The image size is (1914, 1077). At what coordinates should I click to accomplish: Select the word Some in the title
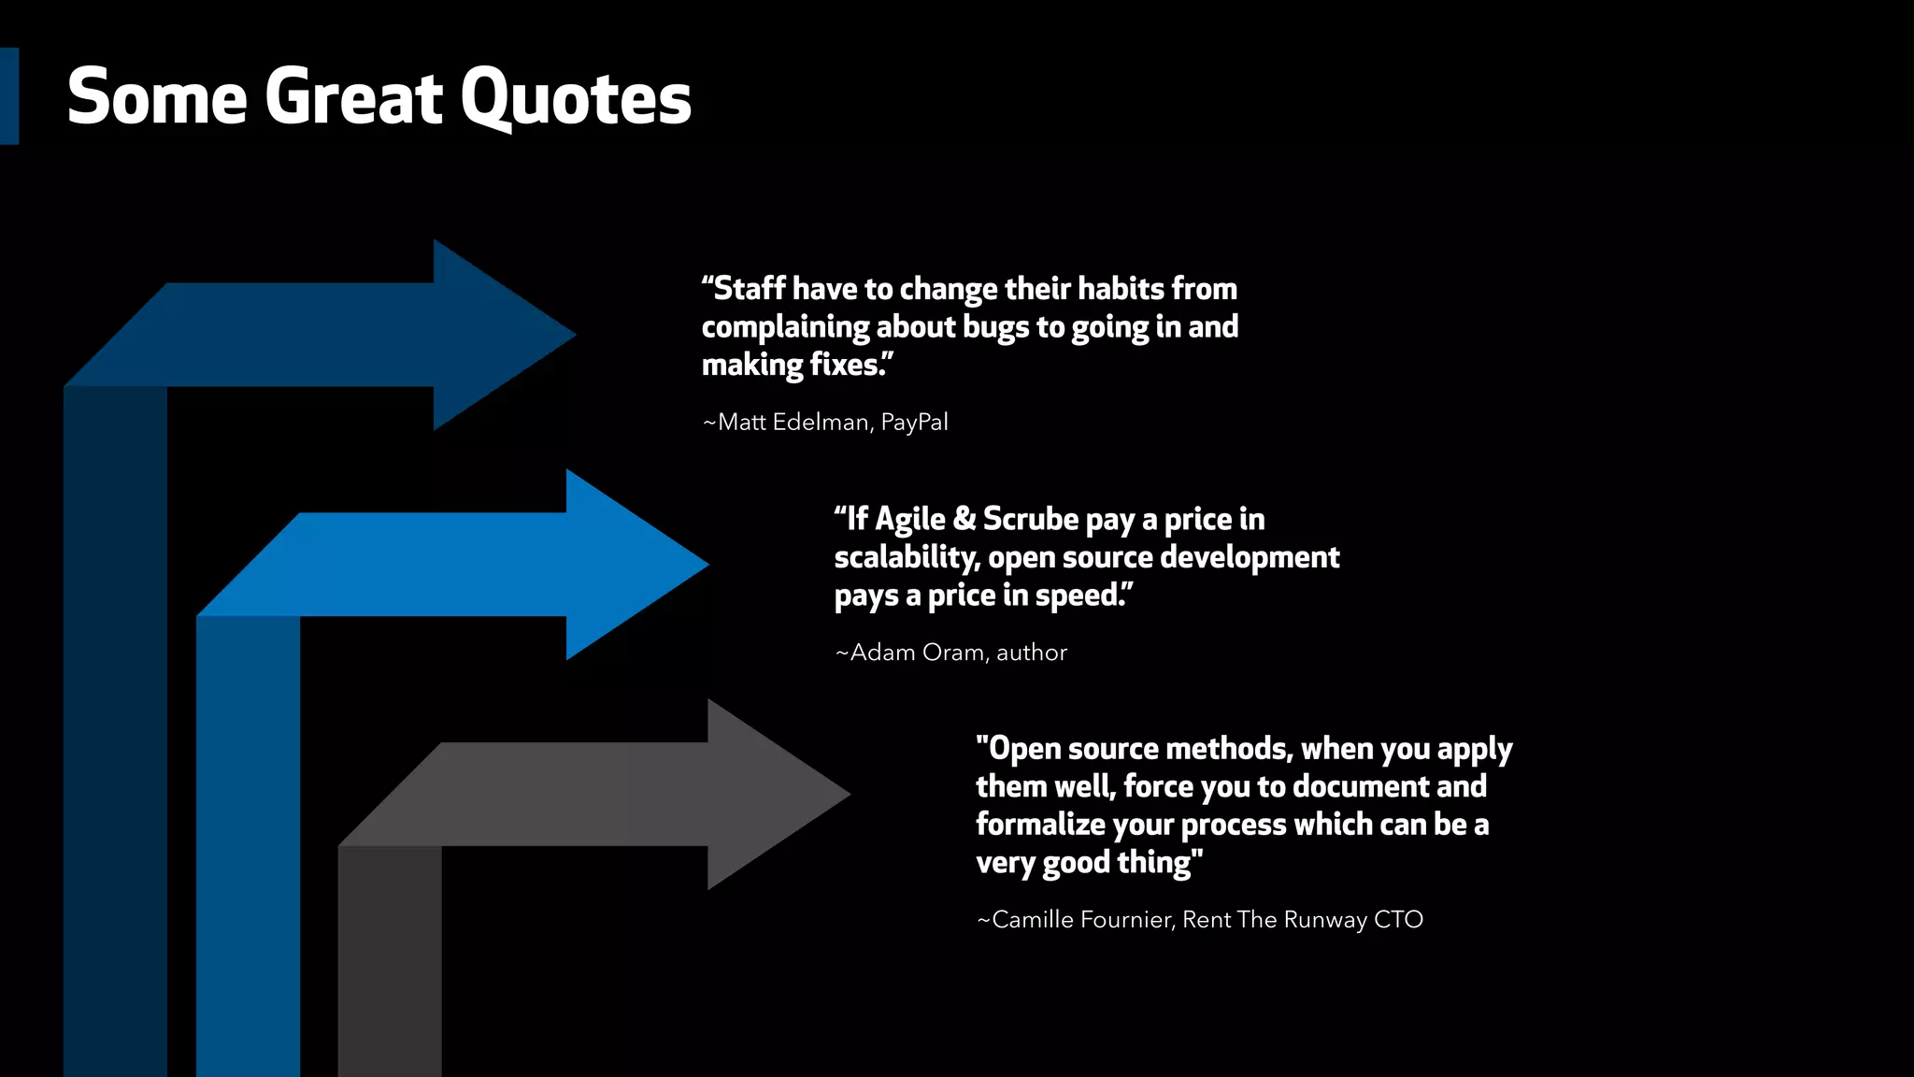(157, 98)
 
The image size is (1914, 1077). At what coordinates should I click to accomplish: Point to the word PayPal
(914, 423)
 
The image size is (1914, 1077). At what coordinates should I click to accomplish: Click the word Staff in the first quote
(749, 289)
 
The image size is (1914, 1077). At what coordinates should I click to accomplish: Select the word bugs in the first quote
(996, 327)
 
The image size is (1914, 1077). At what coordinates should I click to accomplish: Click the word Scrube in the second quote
(1031, 519)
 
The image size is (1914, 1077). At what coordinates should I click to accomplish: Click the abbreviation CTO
(1398, 920)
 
